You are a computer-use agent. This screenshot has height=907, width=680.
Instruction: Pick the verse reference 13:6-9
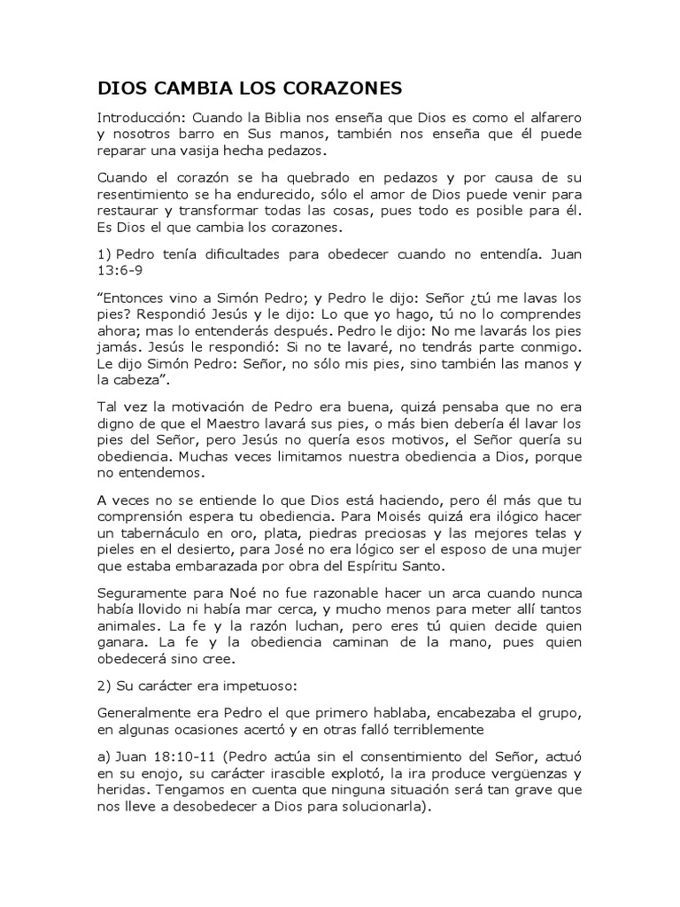pyautogui.click(x=120, y=270)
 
